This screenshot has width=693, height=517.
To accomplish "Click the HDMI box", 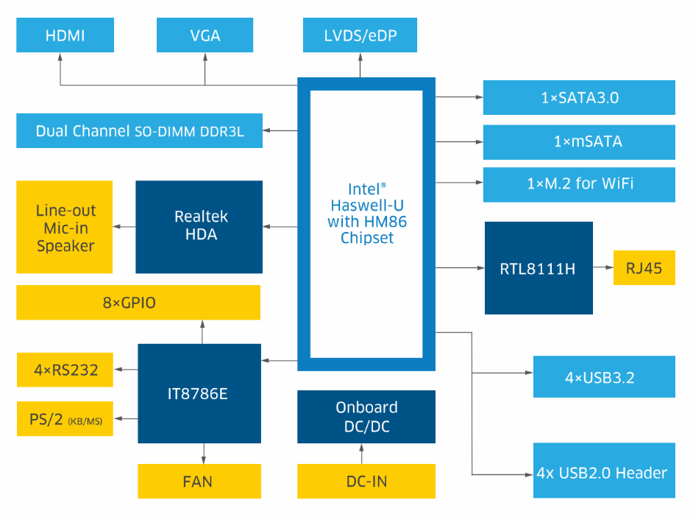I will pyautogui.click(x=65, y=35).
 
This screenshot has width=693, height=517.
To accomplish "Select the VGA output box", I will pyautogui.click(x=205, y=35).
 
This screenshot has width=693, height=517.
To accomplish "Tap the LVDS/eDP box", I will pyautogui.click(x=360, y=35).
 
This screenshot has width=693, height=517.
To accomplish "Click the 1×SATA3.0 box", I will pyautogui.click(x=579, y=97).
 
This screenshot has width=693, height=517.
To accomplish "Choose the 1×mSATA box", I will pyautogui.click(x=579, y=141).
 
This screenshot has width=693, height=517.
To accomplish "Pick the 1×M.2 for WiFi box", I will pyautogui.click(x=579, y=184).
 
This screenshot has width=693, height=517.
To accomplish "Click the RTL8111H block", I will pyautogui.click(x=539, y=268).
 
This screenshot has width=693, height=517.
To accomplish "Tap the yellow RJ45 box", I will pyautogui.click(x=644, y=268).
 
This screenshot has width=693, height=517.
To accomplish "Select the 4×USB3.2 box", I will pyautogui.click(x=604, y=377).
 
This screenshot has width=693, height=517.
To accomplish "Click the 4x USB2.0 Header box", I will pyautogui.click(x=604, y=471).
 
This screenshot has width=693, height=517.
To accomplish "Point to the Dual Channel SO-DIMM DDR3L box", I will pyautogui.click(x=139, y=131).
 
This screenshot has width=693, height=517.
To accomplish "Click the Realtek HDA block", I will pyautogui.click(x=199, y=226).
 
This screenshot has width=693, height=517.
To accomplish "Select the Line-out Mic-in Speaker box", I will pyautogui.click(x=65, y=227).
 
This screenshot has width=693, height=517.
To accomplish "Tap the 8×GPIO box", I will pyautogui.click(x=138, y=303).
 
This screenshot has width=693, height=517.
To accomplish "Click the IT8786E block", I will pyautogui.click(x=199, y=393).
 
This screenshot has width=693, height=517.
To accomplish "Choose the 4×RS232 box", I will pyautogui.click(x=65, y=370).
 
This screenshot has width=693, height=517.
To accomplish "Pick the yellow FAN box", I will pyautogui.click(x=199, y=482).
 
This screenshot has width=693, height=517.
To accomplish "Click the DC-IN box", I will pyautogui.click(x=366, y=482).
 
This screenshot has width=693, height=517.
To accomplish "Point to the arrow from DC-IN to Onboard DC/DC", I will pyautogui.click(x=360, y=454).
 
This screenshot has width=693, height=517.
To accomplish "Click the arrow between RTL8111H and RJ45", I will pyautogui.click(x=603, y=268).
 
